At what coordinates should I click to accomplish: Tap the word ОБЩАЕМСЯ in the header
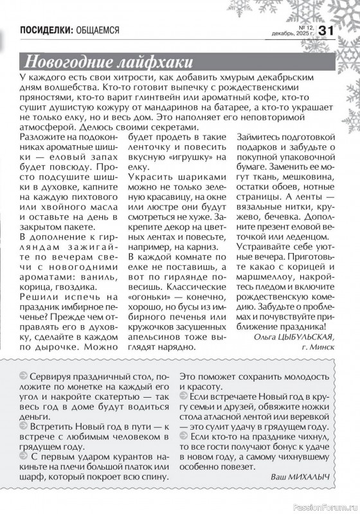pyautogui.click(x=98, y=30)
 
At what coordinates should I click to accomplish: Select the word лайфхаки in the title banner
pyautogui.click(x=142, y=62)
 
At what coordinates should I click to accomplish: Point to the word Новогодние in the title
pyautogui.click(x=66, y=62)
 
